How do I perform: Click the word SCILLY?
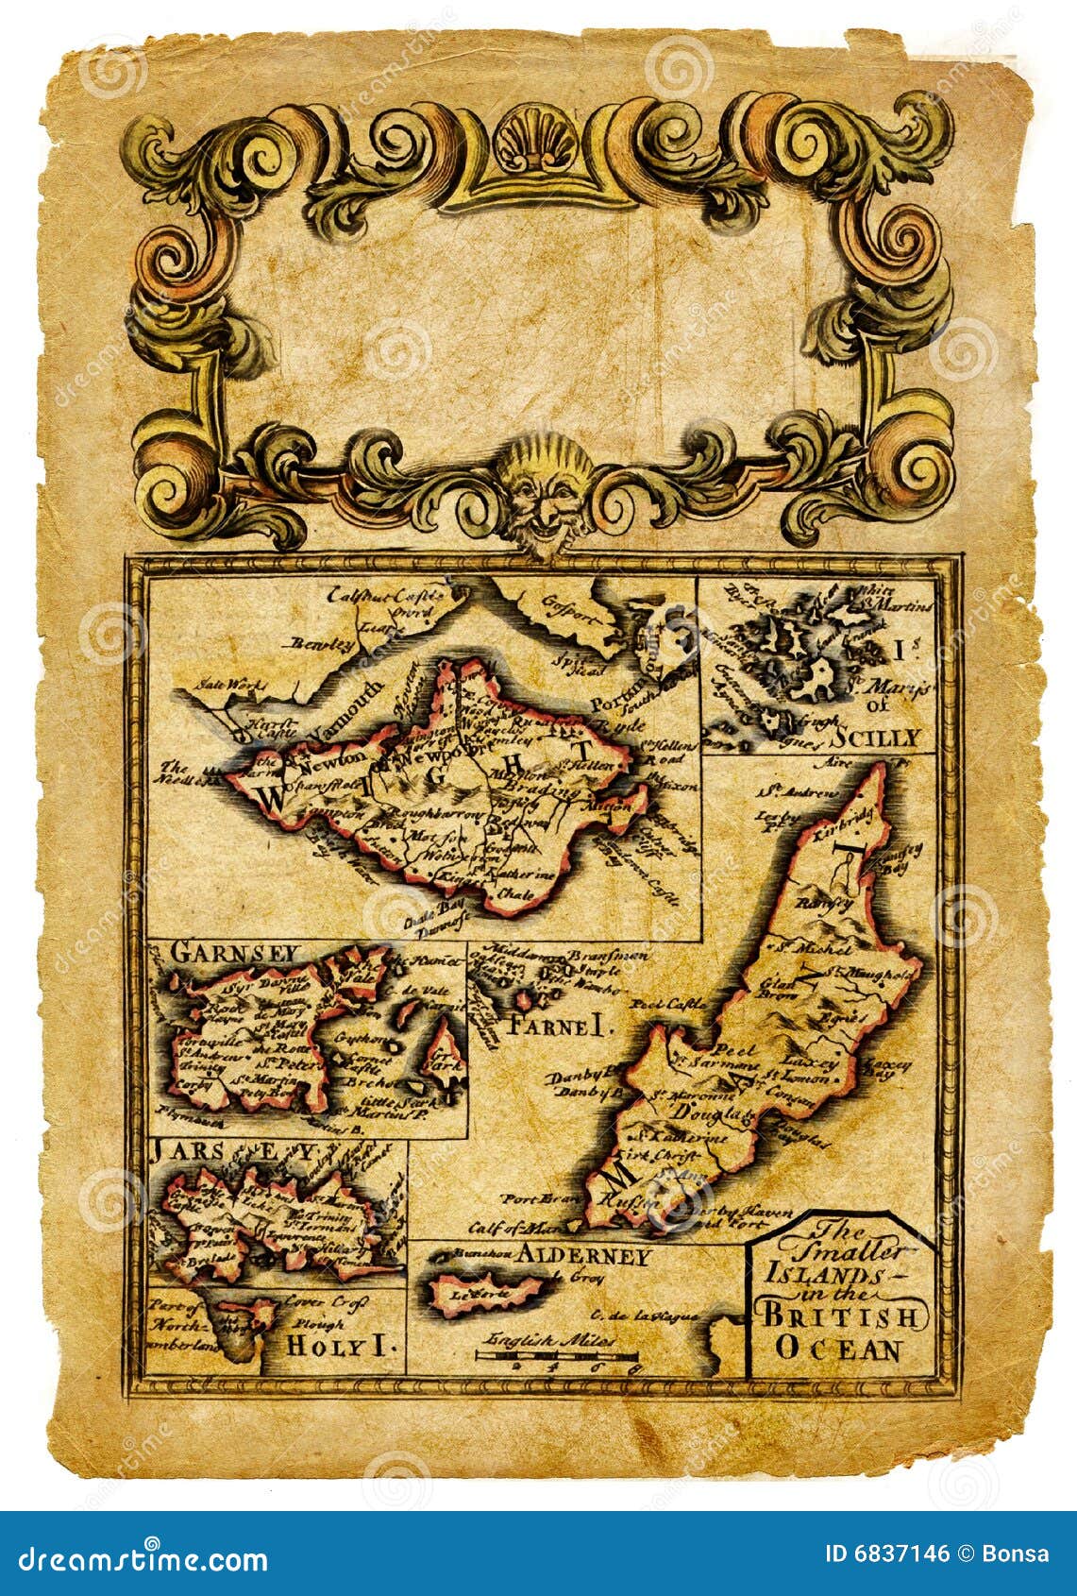point(879,738)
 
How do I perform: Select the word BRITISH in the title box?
point(839,1315)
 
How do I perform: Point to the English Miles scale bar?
point(557,1356)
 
